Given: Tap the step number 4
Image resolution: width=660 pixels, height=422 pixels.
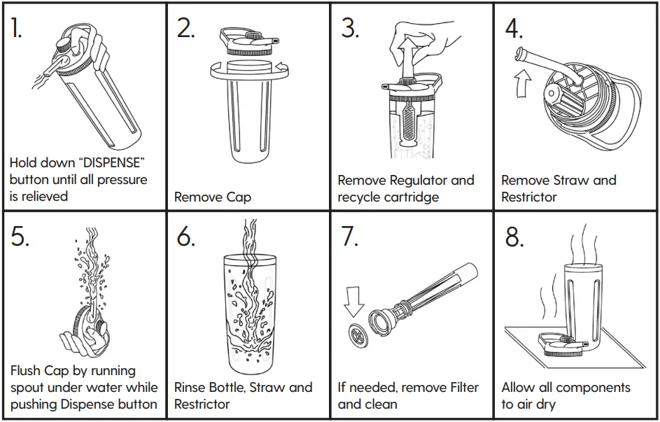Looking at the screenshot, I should [514, 28].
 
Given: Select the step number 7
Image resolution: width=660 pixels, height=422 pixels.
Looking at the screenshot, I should [349, 237].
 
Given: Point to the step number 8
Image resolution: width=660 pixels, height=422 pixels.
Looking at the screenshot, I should [514, 237].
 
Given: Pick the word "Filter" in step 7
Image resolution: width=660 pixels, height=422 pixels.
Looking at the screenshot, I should [459, 387].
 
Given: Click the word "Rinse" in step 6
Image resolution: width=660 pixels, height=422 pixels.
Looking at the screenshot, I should [192, 387].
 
